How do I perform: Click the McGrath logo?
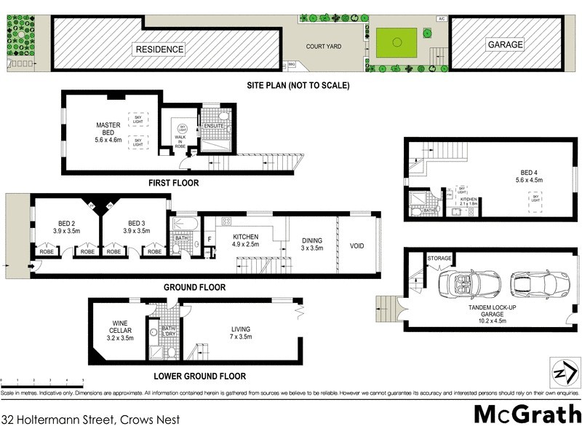527,414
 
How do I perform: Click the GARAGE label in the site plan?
505,44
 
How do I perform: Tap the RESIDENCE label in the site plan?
159,50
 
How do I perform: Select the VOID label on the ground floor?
356,245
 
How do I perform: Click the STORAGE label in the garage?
439,258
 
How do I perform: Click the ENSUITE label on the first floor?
213,126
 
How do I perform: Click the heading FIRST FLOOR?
173,184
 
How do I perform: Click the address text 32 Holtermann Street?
90,420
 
